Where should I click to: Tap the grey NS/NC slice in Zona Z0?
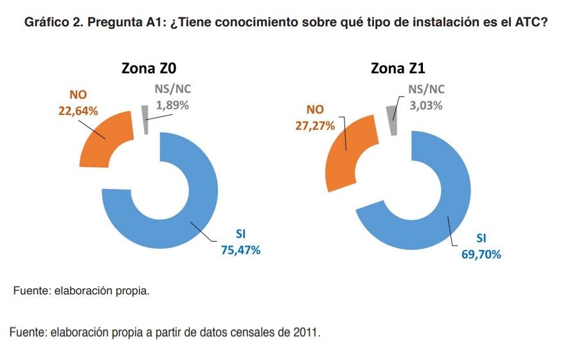pyautogui.click(x=145, y=120)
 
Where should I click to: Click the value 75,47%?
pyautogui.click(x=240, y=250)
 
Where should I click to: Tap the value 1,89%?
pyautogui.click(x=172, y=105)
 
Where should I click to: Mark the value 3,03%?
pyautogui.click(x=426, y=105)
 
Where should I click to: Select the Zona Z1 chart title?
pyautogui.click(x=398, y=68)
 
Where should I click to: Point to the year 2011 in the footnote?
pyautogui.click(x=305, y=332)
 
